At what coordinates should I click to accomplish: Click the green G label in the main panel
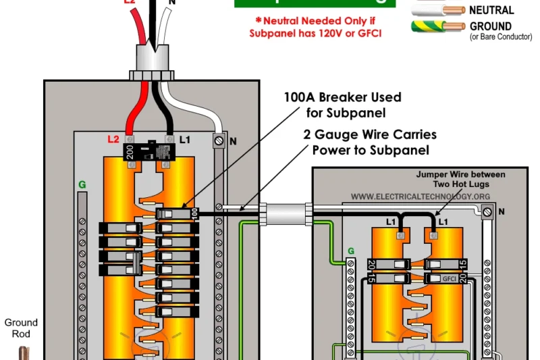point(82,184)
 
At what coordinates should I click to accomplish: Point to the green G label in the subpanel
point(350,251)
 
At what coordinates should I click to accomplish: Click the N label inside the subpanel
point(501,211)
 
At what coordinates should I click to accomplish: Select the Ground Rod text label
point(21,328)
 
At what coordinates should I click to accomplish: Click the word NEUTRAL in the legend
point(491,10)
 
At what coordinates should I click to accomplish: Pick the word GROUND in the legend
point(490,26)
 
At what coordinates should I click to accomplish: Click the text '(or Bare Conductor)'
point(501,36)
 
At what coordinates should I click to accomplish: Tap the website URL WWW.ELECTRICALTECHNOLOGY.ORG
point(420,197)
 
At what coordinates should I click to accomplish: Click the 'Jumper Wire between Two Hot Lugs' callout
point(460,179)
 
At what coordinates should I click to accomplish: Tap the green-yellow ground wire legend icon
point(437,28)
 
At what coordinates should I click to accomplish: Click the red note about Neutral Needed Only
point(315,27)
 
